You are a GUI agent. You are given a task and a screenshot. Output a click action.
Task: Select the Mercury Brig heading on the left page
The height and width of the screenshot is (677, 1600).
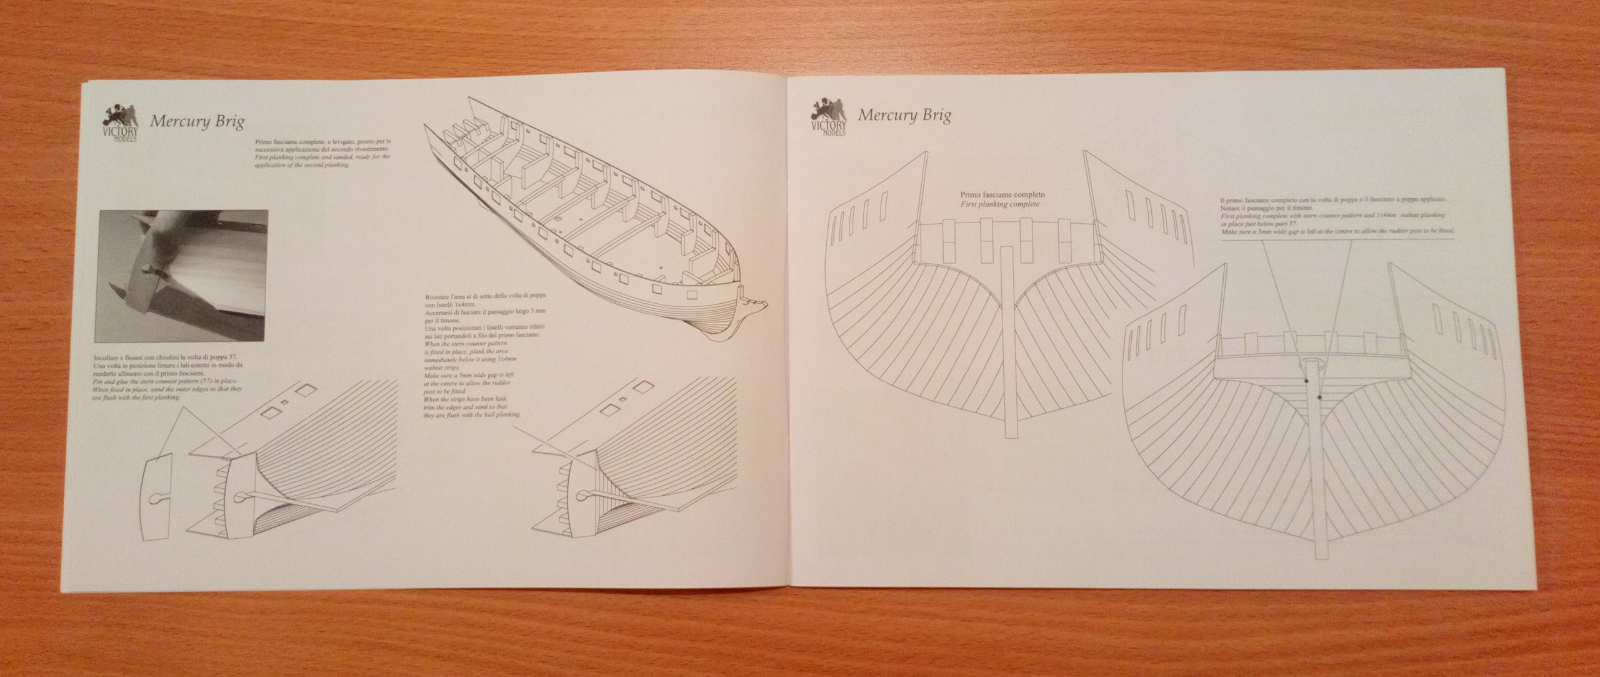197,121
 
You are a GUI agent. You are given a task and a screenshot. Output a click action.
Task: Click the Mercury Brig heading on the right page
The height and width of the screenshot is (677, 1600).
904,116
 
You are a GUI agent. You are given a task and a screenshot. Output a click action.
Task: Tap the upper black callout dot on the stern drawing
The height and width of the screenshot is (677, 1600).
1306,381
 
